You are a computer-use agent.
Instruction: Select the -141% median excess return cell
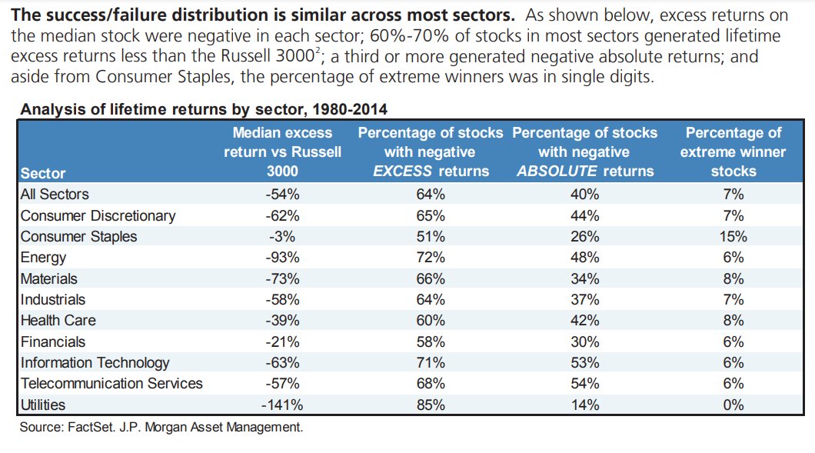[281, 404]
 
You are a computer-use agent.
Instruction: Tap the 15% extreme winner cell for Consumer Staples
[733, 236]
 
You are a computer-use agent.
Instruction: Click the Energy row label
[43, 258]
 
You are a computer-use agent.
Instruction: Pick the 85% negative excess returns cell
[431, 404]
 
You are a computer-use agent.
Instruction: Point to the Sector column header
[43, 173]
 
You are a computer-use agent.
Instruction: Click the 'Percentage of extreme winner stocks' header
[733, 152]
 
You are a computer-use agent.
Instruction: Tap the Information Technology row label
[95, 362]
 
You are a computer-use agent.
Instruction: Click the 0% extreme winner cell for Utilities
[733, 404]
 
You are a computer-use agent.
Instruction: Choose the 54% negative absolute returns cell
[584, 383]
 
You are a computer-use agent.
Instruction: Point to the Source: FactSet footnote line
[161, 428]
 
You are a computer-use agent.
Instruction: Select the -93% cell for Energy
[281, 258]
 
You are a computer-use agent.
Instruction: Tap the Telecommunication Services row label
[111, 383]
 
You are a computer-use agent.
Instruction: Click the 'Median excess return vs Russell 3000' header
[282, 152]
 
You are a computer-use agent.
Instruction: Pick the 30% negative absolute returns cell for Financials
[584, 341]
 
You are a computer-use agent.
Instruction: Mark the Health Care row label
[58, 320]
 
